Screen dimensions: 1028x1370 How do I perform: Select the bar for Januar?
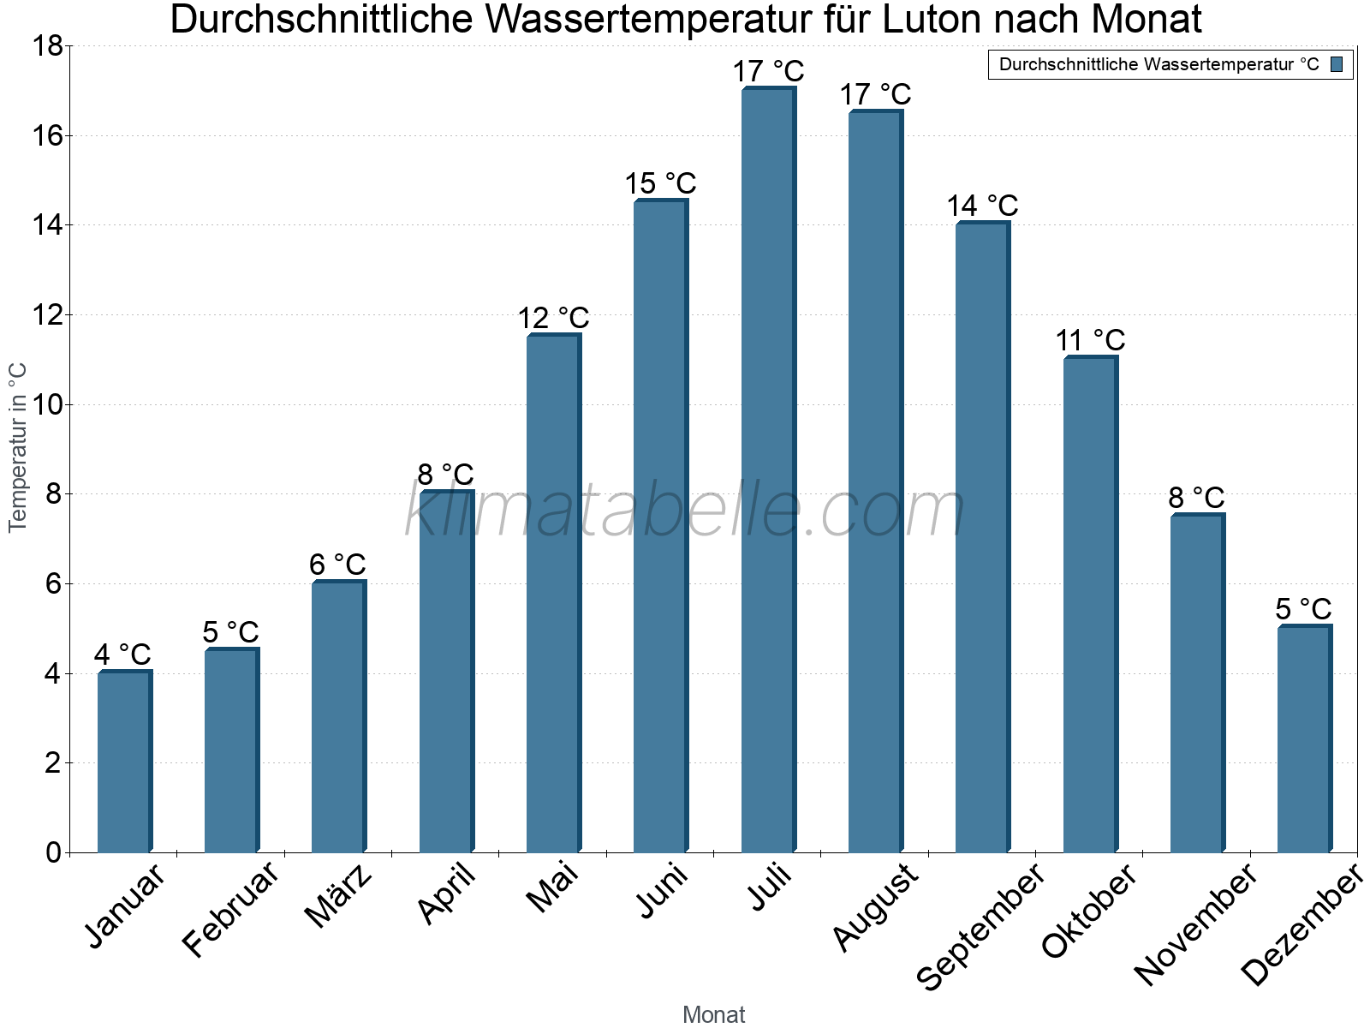pyautogui.click(x=124, y=762)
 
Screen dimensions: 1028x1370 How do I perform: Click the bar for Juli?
pyautogui.click(x=768, y=470)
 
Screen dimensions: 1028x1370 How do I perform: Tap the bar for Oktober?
pyautogui.click(x=1090, y=604)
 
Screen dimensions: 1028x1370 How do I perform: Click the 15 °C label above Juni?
pyautogui.click(x=660, y=184)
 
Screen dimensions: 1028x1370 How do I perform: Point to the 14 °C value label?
pyautogui.click(x=982, y=206)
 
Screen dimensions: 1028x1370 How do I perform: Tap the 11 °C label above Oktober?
pyautogui.click(x=1090, y=341)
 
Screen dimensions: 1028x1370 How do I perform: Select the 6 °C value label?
pyautogui.click(x=337, y=565)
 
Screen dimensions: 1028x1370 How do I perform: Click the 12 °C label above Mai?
pyautogui.click(x=553, y=319)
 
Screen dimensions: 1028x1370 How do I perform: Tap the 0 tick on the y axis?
pyautogui.click(x=53, y=852)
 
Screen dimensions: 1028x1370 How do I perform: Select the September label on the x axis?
pyautogui.click(x=981, y=925)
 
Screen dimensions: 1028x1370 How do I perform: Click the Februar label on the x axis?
pyautogui.click(x=231, y=908)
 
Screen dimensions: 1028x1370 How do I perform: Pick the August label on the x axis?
pyautogui.click(x=876, y=906)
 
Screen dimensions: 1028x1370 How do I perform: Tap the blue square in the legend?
pyautogui.click(x=1337, y=64)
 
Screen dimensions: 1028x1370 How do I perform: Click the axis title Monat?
pyautogui.click(x=713, y=1015)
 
